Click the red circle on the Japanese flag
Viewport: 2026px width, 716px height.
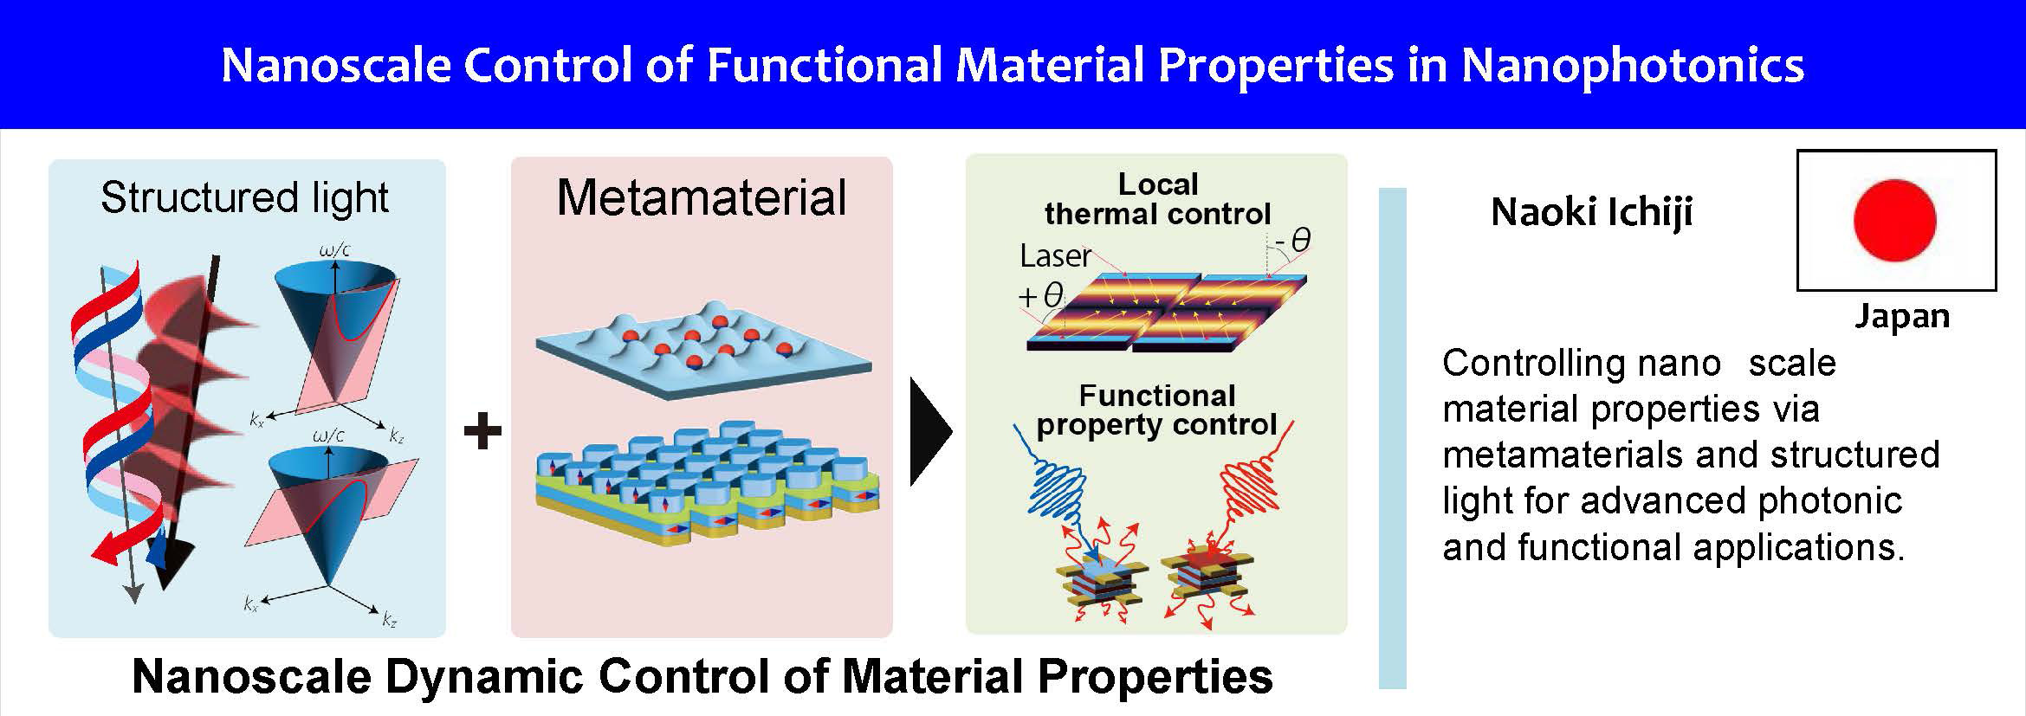pyautogui.click(x=1894, y=220)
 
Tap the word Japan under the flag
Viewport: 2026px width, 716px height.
pyautogui.click(x=1902, y=318)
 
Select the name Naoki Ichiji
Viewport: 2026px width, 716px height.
pyautogui.click(x=1591, y=212)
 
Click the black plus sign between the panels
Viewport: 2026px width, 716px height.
pyautogui.click(x=483, y=431)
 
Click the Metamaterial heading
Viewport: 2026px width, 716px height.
pyautogui.click(x=702, y=197)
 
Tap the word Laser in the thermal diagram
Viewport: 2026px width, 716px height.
pyautogui.click(x=1055, y=256)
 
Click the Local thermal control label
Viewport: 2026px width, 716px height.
pyautogui.click(x=1158, y=199)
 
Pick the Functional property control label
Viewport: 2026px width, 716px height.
pyautogui.click(x=1157, y=410)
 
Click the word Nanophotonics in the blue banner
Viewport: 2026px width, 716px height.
pyautogui.click(x=1633, y=66)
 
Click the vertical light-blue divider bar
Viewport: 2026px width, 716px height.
pyautogui.click(x=1393, y=438)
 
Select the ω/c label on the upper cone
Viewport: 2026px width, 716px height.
pyautogui.click(x=335, y=251)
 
